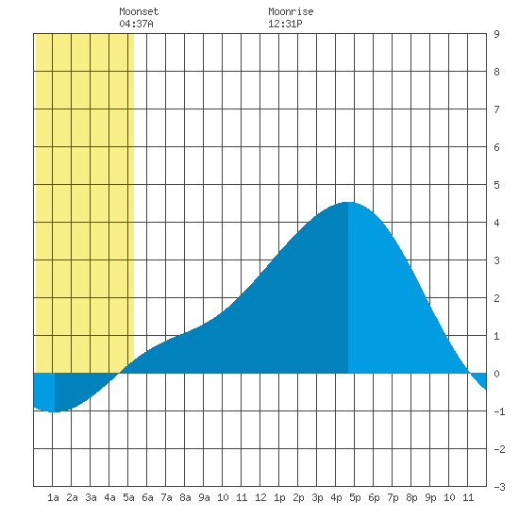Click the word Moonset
coord(139,11)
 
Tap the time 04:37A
coord(136,24)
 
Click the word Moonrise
coord(291,11)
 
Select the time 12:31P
coord(285,24)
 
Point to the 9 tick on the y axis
coord(496,34)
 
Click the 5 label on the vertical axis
coord(496,185)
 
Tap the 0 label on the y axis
coord(496,374)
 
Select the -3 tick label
coord(499,487)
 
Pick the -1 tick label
coord(499,411)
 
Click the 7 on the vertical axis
coord(496,109)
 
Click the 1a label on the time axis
coord(53,497)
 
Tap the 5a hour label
coord(128,497)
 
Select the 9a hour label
coord(204,497)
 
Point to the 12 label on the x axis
coord(260,497)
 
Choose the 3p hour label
coord(317,497)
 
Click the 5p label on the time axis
coord(355,497)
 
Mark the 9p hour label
coord(430,497)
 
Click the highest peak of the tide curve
coord(348,202)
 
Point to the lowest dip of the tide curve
coord(55,411)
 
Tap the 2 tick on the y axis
coord(496,298)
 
